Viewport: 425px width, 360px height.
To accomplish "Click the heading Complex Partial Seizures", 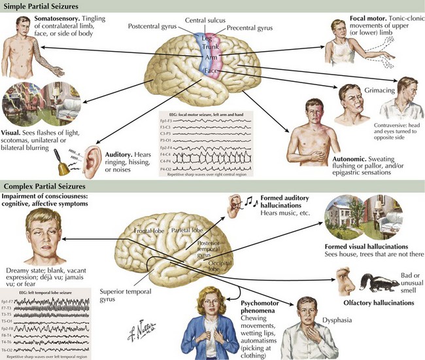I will coord(48,187).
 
